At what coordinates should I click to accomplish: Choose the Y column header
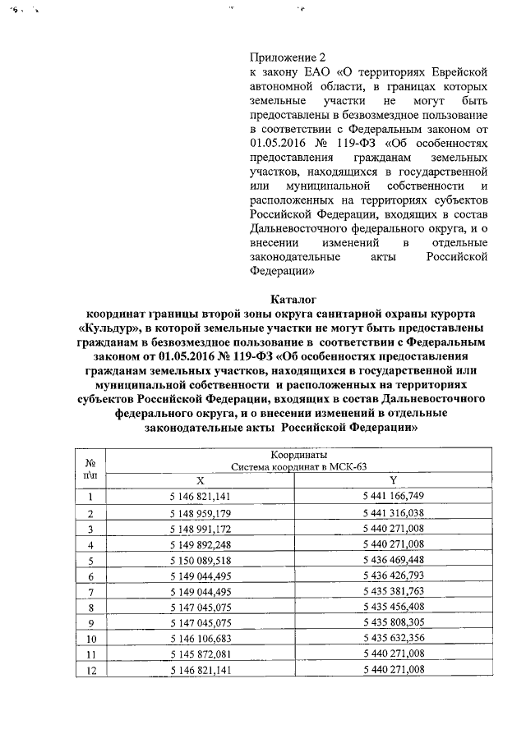[393, 480]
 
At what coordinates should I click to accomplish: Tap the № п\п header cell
[90, 468]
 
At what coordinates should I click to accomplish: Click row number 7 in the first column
[90, 591]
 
